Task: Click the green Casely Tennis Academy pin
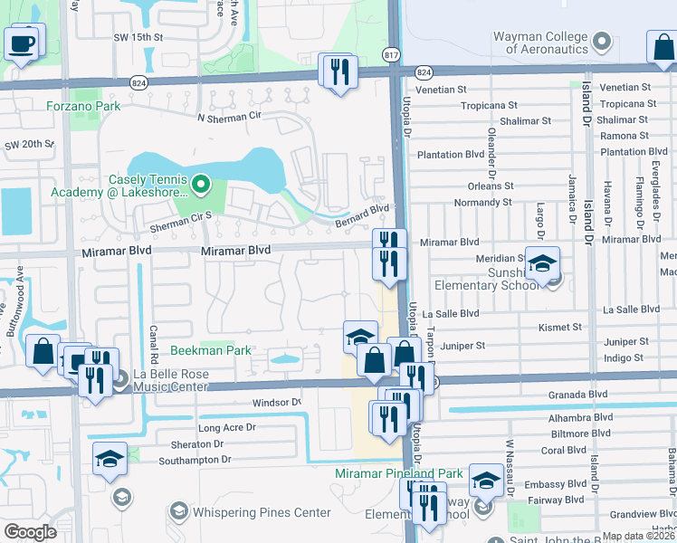202,186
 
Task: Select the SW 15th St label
138,37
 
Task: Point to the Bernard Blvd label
361,209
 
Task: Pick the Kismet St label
559,327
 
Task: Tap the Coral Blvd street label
563,450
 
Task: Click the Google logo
30,532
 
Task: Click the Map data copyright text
638,536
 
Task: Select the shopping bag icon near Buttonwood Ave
43,350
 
